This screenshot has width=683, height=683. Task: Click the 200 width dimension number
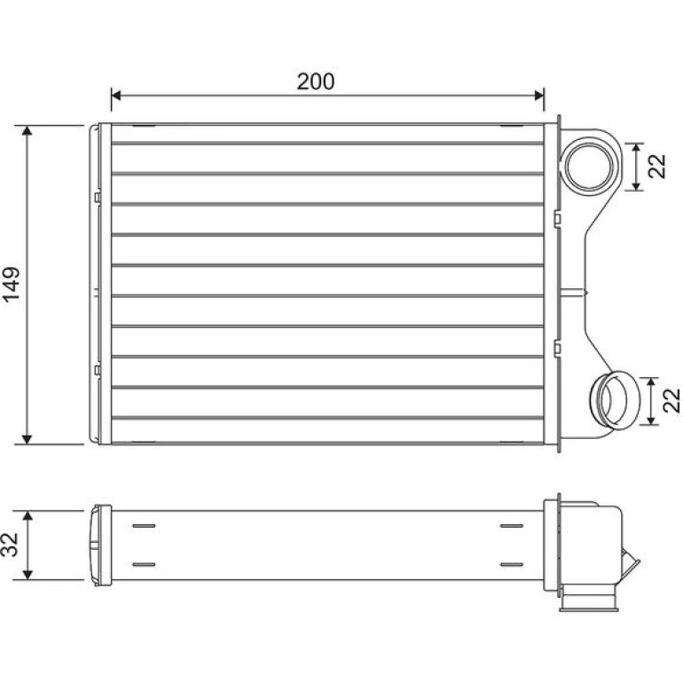(316, 82)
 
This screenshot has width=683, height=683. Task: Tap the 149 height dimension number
(12, 284)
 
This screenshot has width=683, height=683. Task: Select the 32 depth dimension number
(11, 545)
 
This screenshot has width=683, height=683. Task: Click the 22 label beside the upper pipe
(657, 167)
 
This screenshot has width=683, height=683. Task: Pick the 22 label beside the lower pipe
(671, 401)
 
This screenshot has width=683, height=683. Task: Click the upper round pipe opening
(589, 166)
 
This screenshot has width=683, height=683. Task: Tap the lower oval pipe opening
(615, 400)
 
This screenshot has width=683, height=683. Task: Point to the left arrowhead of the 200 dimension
(116, 96)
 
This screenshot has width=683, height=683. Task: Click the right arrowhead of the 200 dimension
(539, 96)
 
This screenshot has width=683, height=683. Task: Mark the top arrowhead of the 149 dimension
(27, 130)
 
